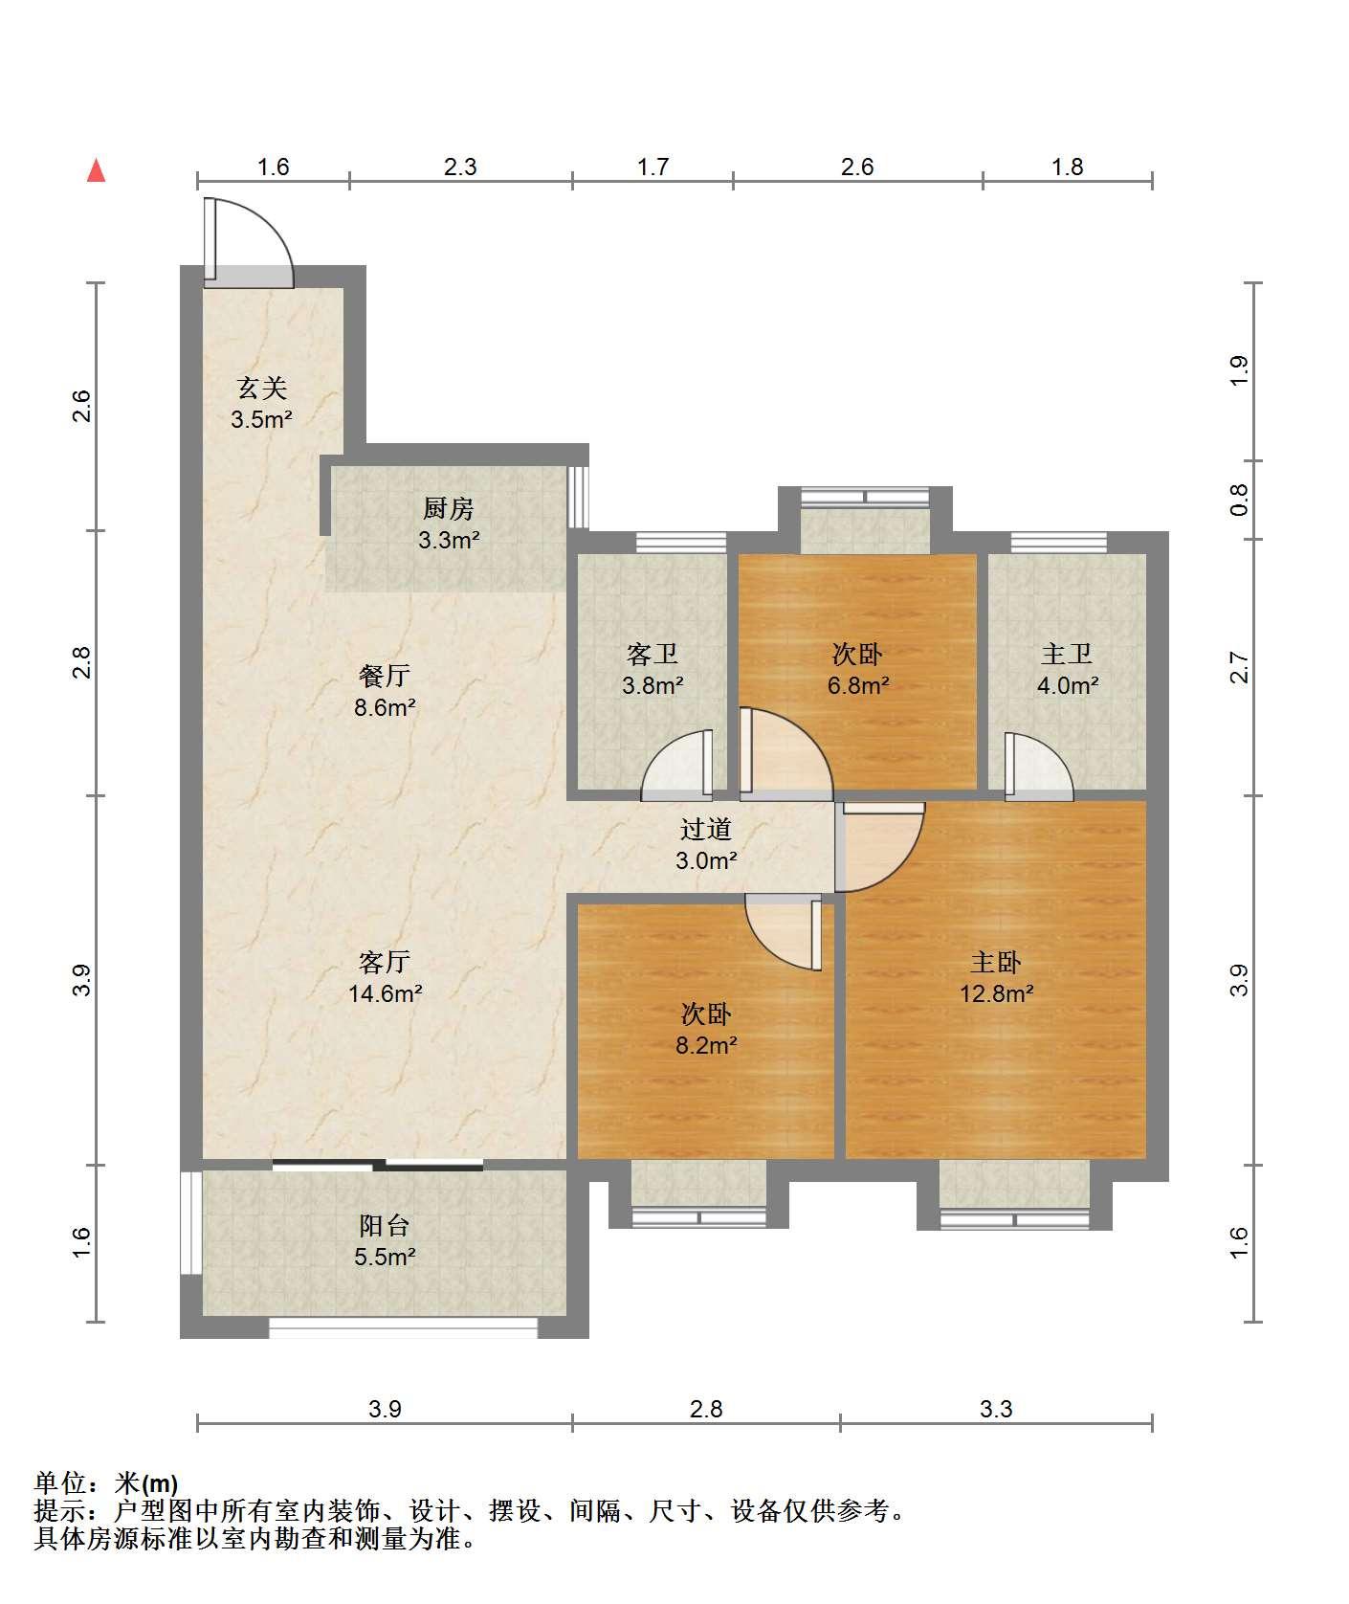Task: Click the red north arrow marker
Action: pyautogui.click(x=96, y=170)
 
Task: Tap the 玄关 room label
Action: pyautogui.click(x=262, y=388)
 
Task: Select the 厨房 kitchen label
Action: pyautogui.click(x=449, y=508)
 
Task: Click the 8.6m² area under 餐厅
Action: pyautogui.click(x=386, y=707)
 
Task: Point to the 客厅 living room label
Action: pyautogui.click(x=385, y=961)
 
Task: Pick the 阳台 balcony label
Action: pyautogui.click(x=385, y=1224)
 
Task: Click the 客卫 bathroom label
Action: pyautogui.click(x=652, y=654)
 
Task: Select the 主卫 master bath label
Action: pyautogui.click(x=1067, y=654)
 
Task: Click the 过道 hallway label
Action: pyautogui.click(x=706, y=829)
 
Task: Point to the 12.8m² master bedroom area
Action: pyautogui.click(x=996, y=992)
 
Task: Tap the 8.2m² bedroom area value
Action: pyautogui.click(x=706, y=1044)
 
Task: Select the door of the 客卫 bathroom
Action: pyautogui.click(x=677, y=765)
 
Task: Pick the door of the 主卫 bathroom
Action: pyautogui.click(x=1038, y=767)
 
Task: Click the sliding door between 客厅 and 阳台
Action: pyautogui.click(x=378, y=1165)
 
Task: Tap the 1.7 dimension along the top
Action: pyautogui.click(x=652, y=167)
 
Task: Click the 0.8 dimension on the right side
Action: pyautogui.click(x=1239, y=499)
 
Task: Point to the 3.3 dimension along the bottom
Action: pyautogui.click(x=996, y=1408)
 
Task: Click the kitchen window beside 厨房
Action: pyautogui.click(x=578, y=496)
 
